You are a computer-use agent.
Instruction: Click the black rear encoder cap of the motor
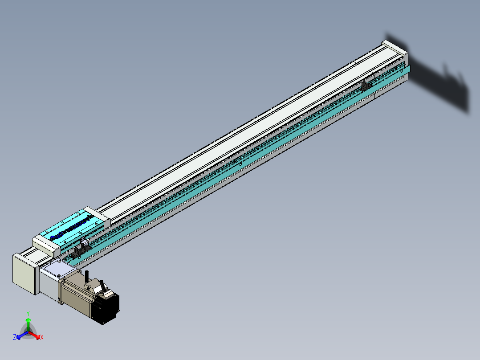coord(107,309)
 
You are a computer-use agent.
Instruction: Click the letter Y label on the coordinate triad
coord(28,313)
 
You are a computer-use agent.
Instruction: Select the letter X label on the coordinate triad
coord(42,338)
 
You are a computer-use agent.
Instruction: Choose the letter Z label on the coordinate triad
coord(15,338)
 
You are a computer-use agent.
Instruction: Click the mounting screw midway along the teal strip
coord(241,164)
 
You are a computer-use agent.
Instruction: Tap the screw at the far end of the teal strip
coord(403,70)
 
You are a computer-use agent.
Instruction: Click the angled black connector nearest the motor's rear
coord(103,284)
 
